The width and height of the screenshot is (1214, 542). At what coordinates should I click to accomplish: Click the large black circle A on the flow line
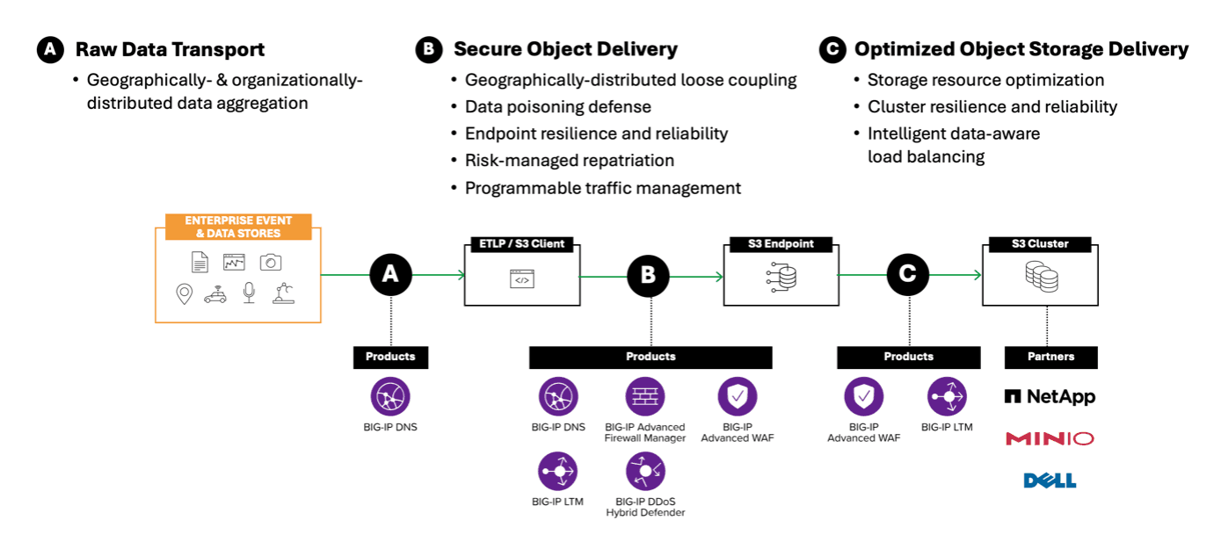390,276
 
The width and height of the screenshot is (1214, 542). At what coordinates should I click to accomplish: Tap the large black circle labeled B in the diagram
648,276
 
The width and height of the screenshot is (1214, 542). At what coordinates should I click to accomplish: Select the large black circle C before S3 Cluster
907,276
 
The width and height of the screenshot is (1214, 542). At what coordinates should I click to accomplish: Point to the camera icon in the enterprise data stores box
270,262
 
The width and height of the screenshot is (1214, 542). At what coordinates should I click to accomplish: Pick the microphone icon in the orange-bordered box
250,293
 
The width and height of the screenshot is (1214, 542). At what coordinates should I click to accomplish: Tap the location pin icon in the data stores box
184,294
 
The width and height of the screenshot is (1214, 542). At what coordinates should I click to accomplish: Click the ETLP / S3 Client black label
522,243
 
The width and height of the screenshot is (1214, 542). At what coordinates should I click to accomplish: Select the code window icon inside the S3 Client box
521,280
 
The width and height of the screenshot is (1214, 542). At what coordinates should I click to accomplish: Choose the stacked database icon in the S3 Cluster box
1040,278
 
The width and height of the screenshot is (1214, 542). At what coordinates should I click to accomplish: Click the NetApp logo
1050,397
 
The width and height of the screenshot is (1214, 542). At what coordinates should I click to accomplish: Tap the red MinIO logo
1050,438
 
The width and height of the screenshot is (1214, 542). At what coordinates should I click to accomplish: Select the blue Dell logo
1050,481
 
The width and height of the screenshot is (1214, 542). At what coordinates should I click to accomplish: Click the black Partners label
1050,357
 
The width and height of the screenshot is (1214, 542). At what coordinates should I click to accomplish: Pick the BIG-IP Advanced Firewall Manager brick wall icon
644,397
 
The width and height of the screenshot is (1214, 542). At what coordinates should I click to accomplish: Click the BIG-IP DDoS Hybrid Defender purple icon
644,472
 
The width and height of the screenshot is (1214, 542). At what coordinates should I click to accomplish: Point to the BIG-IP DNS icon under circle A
389,397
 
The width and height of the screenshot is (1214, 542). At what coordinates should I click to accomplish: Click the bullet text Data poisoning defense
557,107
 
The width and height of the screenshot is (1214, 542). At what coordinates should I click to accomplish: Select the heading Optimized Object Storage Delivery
1021,49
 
